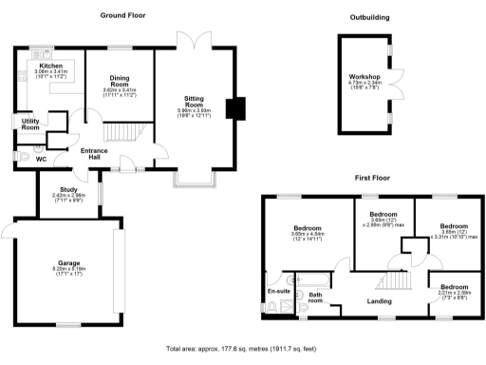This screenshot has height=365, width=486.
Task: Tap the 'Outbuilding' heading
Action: click(370, 17)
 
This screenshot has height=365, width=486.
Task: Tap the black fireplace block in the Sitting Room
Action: click(231, 108)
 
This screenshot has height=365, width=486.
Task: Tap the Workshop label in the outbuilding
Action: click(364, 77)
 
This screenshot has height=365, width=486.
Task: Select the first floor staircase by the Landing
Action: click(391, 281)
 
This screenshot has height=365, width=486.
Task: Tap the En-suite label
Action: click(277, 291)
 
